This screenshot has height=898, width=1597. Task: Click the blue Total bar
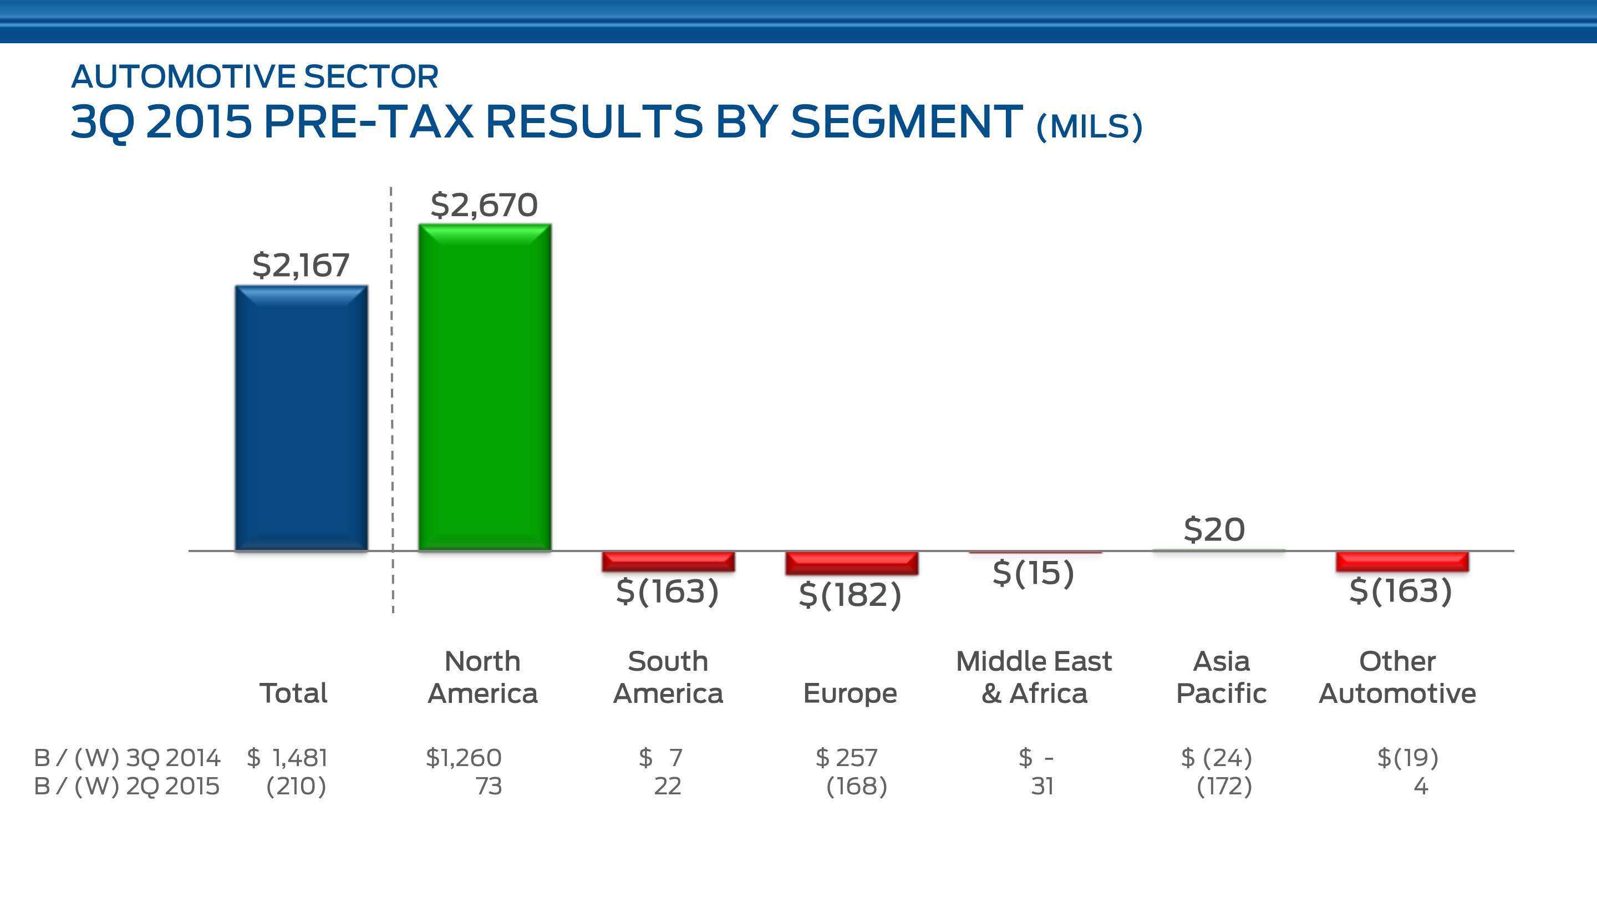(301, 419)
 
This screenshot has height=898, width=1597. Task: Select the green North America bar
(485, 387)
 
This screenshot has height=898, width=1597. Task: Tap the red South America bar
(668, 562)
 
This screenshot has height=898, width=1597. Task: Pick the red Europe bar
(852, 563)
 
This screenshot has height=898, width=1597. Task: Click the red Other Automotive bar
(1402, 562)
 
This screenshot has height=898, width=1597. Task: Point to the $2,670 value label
(484, 205)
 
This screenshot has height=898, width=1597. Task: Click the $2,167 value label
(301, 266)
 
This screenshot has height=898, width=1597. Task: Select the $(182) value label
(850, 595)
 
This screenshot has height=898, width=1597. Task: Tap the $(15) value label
(1034, 573)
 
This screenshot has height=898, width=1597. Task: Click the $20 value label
(1214, 530)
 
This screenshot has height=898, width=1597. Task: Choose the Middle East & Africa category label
(1034, 677)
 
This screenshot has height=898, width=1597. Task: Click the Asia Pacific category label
(1221, 677)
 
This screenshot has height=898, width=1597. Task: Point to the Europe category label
(850, 693)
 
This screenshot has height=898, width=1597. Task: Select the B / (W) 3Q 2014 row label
(127, 758)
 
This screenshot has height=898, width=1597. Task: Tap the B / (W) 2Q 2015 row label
(127, 787)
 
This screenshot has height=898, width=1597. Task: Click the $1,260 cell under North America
(464, 758)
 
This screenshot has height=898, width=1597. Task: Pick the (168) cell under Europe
(857, 787)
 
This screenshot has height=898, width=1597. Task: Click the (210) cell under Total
(296, 787)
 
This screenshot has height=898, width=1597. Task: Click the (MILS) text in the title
(1089, 126)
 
